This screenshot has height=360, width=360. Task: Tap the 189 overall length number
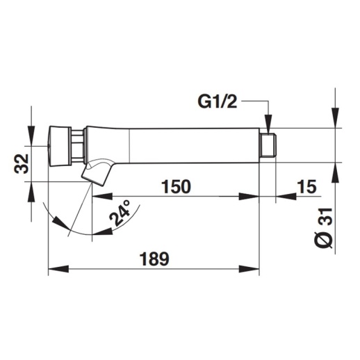(154, 259)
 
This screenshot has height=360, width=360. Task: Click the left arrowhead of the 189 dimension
(53, 269)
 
